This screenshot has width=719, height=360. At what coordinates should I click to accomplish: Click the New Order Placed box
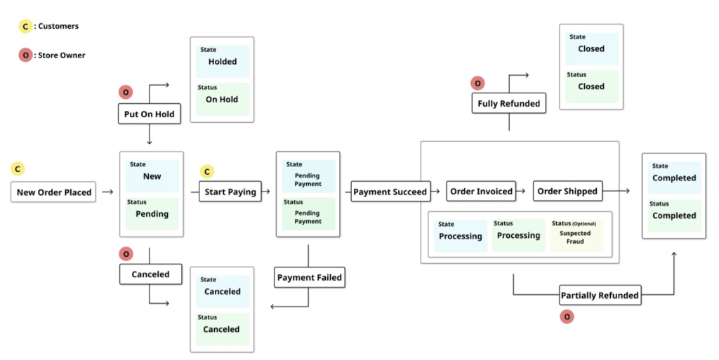tap(53, 192)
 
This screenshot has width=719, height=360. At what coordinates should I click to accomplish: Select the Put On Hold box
tap(149, 114)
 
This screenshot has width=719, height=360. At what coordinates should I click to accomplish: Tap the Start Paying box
tap(231, 192)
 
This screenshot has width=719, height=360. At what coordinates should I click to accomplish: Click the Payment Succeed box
tap(390, 192)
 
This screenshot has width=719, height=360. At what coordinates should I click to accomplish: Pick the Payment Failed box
tap(309, 277)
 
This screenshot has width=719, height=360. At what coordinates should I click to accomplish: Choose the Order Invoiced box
tap(481, 191)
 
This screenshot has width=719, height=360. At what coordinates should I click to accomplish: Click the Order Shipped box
tap(566, 191)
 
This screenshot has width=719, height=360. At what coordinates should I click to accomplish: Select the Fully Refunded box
tap(508, 103)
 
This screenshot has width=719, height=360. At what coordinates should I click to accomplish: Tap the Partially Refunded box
tap(599, 295)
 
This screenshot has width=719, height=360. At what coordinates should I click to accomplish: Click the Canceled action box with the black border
tap(150, 274)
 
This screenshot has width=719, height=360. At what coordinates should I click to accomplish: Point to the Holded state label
tap(223, 62)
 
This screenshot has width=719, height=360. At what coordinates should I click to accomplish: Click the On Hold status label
tap(222, 100)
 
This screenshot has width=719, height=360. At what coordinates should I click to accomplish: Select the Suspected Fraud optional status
tap(575, 237)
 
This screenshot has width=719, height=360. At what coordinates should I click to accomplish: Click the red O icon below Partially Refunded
tap(567, 316)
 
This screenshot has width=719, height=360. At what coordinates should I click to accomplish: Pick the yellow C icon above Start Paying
tap(206, 171)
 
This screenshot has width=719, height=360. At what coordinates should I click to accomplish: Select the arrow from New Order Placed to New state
tap(107, 192)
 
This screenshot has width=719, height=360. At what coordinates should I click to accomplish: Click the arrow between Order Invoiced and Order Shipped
tap(524, 191)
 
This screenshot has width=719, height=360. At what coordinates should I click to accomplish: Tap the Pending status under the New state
tap(152, 213)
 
